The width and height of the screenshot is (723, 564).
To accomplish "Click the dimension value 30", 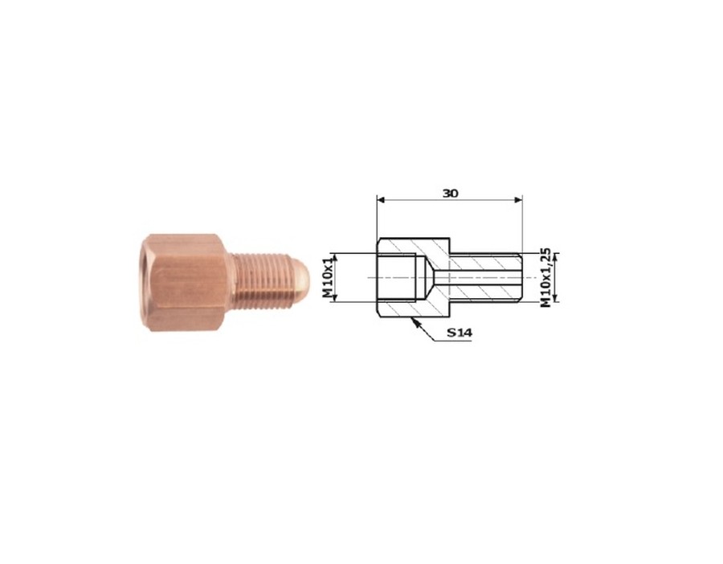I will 450,193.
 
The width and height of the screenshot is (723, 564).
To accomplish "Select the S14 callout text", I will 460,333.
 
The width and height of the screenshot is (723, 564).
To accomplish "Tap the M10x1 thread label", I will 327,278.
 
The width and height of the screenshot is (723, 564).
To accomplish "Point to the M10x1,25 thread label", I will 546,277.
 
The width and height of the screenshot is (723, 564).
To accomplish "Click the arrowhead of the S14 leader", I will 412,320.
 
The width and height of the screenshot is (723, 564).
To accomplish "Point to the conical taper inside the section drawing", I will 430,278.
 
